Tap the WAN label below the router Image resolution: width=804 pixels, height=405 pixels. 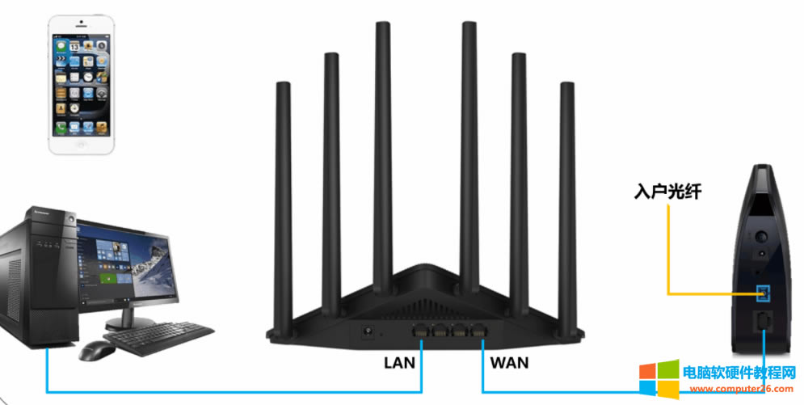509,363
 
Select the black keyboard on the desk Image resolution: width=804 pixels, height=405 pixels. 158,337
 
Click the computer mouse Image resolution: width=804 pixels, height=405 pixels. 96,350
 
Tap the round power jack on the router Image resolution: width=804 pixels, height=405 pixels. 370,331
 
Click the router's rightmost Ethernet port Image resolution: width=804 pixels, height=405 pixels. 480,331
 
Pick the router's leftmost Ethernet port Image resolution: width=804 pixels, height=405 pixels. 421,331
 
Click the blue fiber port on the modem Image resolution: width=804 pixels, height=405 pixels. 762,292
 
